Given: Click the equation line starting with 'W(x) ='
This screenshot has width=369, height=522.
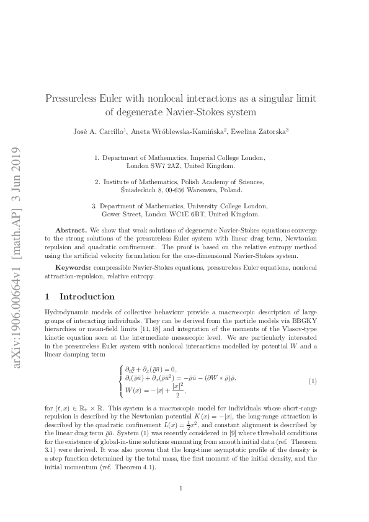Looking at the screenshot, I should pyautogui.click(x=154, y=392).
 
